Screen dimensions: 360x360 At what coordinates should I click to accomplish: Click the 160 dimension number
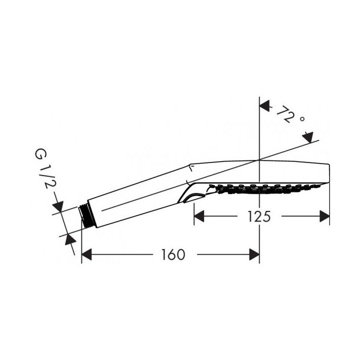[x=173, y=254]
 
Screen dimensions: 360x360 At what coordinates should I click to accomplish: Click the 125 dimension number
[x=259, y=216]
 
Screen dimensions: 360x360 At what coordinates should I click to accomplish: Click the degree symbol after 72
[x=302, y=119]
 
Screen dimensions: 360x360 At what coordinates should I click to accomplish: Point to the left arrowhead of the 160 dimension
[x=87, y=254]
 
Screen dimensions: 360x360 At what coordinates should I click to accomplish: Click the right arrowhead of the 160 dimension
[x=254, y=254]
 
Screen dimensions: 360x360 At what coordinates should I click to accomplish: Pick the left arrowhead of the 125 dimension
[x=199, y=216]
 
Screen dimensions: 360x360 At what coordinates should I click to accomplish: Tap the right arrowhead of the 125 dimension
[x=324, y=216]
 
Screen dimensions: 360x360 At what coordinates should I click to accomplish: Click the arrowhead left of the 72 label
[x=264, y=105]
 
